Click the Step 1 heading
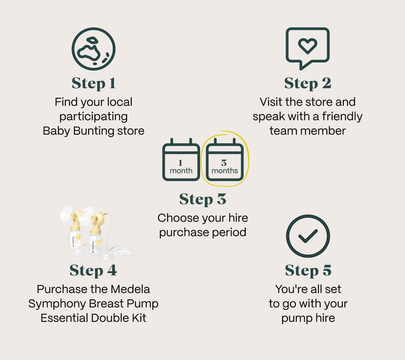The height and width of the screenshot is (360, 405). (x=93, y=83)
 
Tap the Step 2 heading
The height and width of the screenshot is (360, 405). (x=307, y=83)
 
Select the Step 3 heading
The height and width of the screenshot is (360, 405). (x=202, y=200)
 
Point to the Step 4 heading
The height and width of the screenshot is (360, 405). (x=93, y=270)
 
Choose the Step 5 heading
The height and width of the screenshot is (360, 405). (x=308, y=270)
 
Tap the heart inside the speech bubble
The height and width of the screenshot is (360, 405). (x=307, y=46)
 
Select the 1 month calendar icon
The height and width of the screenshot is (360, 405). (x=181, y=159)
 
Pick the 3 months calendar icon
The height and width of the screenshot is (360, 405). (x=225, y=159)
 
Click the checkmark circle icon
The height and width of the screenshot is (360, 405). (x=308, y=236)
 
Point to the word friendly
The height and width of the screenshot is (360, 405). (x=342, y=116)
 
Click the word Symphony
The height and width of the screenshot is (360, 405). (x=57, y=304)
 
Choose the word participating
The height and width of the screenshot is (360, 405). (x=93, y=117)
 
